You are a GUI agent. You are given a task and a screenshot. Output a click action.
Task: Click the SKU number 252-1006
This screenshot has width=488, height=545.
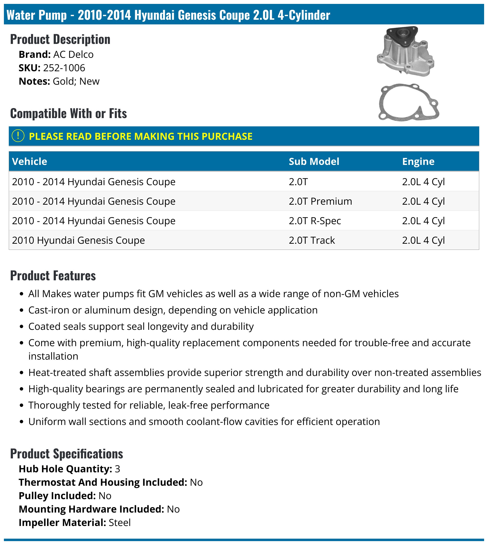(x=64, y=68)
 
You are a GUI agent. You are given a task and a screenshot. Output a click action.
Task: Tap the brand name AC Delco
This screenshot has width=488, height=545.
(x=73, y=54)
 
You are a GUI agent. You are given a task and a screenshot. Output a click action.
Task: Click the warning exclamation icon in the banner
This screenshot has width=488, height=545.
(x=18, y=136)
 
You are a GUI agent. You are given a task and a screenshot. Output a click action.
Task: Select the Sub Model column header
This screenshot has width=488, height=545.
(x=314, y=161)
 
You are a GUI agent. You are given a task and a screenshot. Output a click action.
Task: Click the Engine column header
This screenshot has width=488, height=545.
(x=418, y=161)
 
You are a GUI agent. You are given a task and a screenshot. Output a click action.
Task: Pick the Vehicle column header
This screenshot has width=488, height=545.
(x=30, y=161)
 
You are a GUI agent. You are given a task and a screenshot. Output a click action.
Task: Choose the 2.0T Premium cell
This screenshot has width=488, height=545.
(x=320, y=201)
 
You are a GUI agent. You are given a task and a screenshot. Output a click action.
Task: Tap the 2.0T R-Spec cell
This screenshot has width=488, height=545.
(x=315, y=221)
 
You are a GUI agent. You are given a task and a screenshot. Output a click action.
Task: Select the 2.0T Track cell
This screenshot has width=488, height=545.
(x=312, y=240)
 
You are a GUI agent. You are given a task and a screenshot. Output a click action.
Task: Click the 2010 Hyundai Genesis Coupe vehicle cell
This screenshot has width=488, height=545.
(x=78, y=240)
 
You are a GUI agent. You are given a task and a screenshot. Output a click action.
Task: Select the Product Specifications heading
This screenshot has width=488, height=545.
(x=67, y=454)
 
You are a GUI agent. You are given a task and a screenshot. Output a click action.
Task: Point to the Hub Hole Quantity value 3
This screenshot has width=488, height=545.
(x=117, y=469)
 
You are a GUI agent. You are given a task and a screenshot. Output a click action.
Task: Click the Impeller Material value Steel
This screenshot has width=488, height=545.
(x=120, y=523)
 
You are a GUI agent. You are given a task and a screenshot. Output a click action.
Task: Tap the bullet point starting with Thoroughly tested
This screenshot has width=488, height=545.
(x=149, y=405)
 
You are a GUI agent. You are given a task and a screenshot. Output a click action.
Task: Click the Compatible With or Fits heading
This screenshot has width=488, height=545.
(x=68, y=113)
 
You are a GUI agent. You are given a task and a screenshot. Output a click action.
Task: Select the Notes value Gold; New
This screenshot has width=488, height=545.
(x=76, y=81)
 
